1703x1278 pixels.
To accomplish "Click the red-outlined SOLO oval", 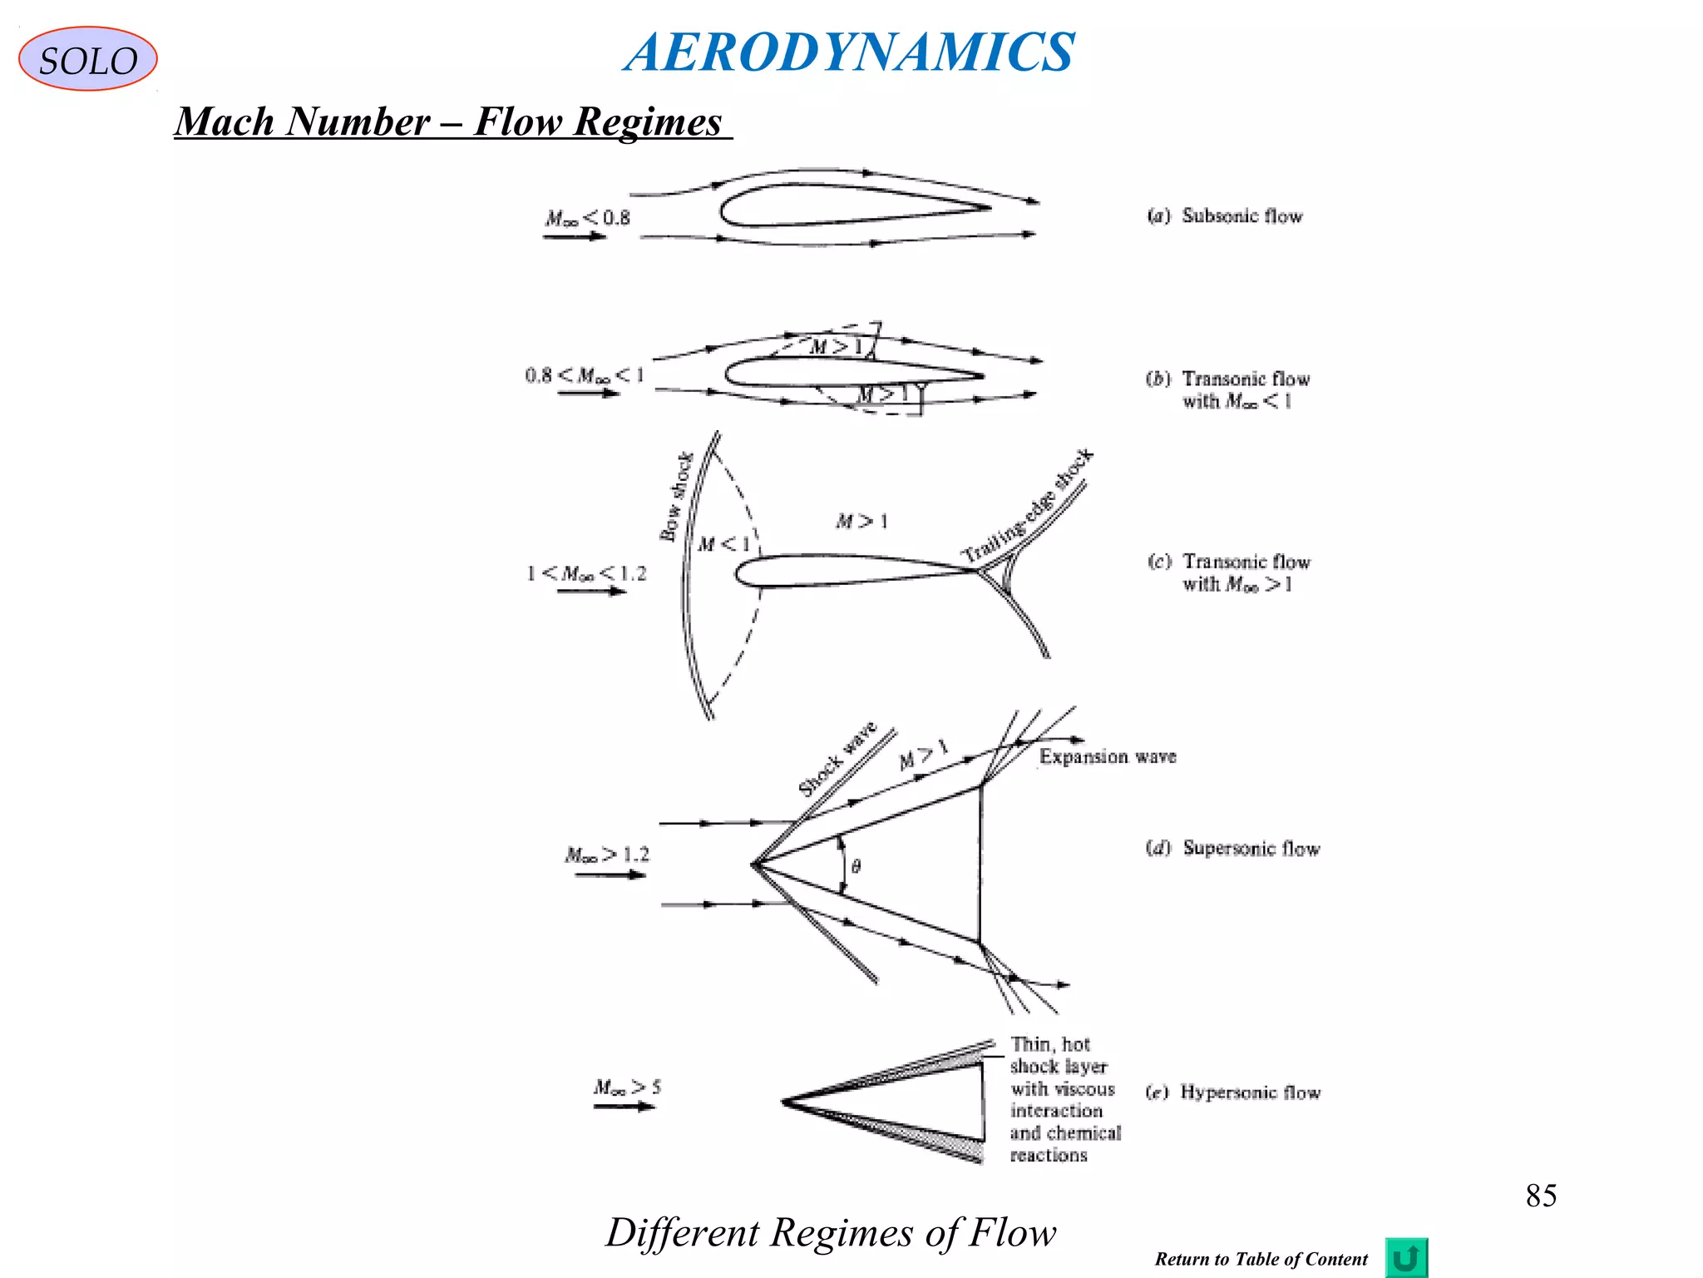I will [x=87, y=59].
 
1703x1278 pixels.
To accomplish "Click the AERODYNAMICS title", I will [x=849, y=52].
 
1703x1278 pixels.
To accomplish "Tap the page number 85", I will [x=1540, y=1196].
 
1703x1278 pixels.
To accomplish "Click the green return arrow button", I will [x=1405, y=1257].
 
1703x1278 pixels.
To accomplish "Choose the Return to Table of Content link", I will [x=1261, y=1259].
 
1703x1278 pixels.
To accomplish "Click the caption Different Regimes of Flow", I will [x=830, y=1232].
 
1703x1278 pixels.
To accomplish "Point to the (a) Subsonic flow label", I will [x=1225, y=216].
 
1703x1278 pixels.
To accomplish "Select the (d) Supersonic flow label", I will [x=1233, y=849].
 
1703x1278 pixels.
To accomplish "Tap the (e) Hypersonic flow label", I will [x=1233, y=1092].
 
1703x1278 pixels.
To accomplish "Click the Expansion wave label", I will [x=1108, y=756].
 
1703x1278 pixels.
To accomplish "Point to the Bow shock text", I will [x=676, y=497].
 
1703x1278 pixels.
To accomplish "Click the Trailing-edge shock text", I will [x=1028, y=505].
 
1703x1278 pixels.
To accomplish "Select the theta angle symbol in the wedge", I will [x=856, y=867].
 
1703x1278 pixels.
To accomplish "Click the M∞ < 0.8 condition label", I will [x=587, y=218].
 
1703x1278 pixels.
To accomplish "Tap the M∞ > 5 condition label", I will [x=627, y=1087].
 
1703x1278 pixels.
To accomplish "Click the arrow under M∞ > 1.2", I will [x=610, y=875].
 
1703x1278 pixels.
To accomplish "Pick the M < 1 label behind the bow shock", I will [x=723, y=544].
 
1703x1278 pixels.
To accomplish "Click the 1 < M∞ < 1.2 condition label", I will [x=586, y=573].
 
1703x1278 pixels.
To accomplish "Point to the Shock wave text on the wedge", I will [x=837, y=758].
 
